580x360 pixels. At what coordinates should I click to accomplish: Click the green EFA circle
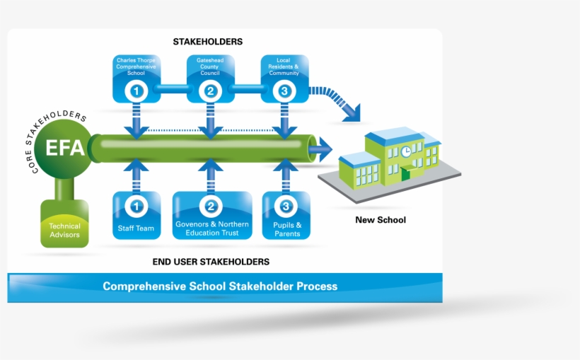(x=65, y=149)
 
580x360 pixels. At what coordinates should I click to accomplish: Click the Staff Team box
(x=136, y=215)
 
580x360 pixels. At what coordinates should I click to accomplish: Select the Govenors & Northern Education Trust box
(x=211, y=215)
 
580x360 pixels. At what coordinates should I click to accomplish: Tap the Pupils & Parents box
(x=286, y=215)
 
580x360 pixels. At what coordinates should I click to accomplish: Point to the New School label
(x=381, y=220)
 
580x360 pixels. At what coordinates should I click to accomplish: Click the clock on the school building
(x=405, y=151)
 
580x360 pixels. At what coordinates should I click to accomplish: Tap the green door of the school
(x=405, y=174)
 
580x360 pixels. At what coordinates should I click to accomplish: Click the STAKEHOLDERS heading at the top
(x=208, y=42)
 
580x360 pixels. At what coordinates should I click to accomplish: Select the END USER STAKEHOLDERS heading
(x=211, y=262)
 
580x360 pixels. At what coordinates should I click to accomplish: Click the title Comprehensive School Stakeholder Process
(x=220, y=286)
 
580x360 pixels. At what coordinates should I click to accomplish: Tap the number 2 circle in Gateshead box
(x=210, y=91)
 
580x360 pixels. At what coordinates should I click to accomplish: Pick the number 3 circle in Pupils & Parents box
(x=286, y=207)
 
